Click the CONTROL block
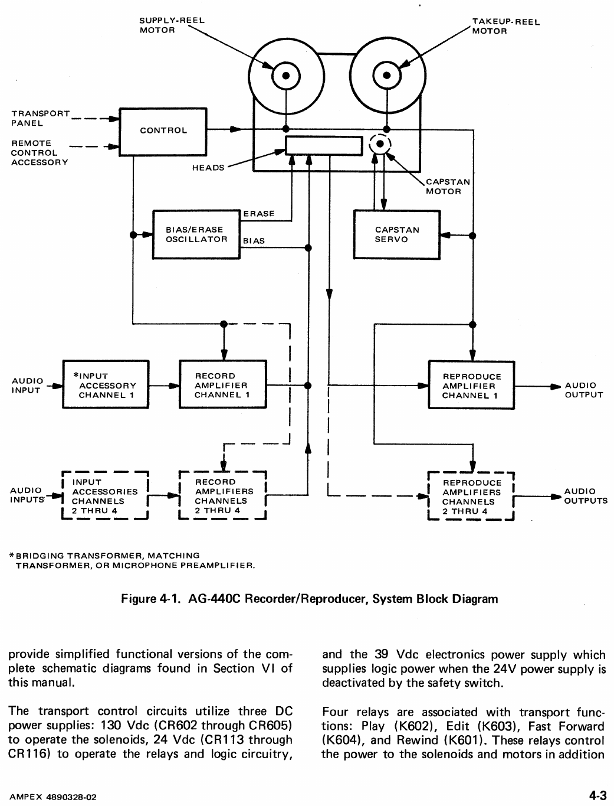pyautogui.click(x=163, y=131)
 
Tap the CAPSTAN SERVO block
pyautogui.click(x=396, y=234)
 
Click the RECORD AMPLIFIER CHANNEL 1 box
pyautogui.click(x=222, y=384)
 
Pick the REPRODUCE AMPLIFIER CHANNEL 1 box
pyautogui.click(x=471, y=385)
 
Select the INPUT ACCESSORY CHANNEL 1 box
pyautogui.click(x=106, y=384)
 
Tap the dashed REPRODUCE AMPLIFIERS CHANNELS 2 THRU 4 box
pyautogui.click(x=471, y=497)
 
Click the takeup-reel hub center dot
pyautogui.click(x=387, y=76)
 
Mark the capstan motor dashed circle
pyautogui.click(x=380, y=144)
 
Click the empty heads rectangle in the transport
pyautogui.click(x=323, y=145)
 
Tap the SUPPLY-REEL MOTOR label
pyautogui.click(x=171, y=25)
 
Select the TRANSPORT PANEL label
pyautogui.click(x=40, y=118)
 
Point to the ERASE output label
pyautogui.click(x=258, y=214)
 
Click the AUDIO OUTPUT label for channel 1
pyautogui.click(x=583, y=390)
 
